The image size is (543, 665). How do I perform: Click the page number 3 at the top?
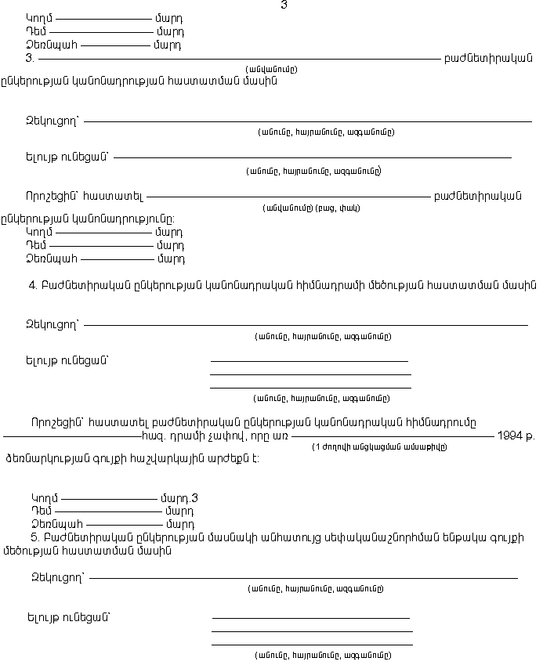coord(284,5)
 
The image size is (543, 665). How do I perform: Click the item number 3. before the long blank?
coord(30,58)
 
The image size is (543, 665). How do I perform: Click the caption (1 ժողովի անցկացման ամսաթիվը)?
coord(380,447)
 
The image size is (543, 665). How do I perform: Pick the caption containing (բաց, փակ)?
coord(311,208)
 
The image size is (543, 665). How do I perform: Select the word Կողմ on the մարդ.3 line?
coord(45,497)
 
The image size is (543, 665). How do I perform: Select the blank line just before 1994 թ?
coord(393,435)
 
